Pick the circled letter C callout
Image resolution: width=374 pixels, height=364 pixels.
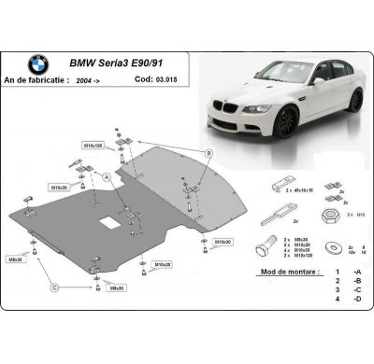pos(55,287)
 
